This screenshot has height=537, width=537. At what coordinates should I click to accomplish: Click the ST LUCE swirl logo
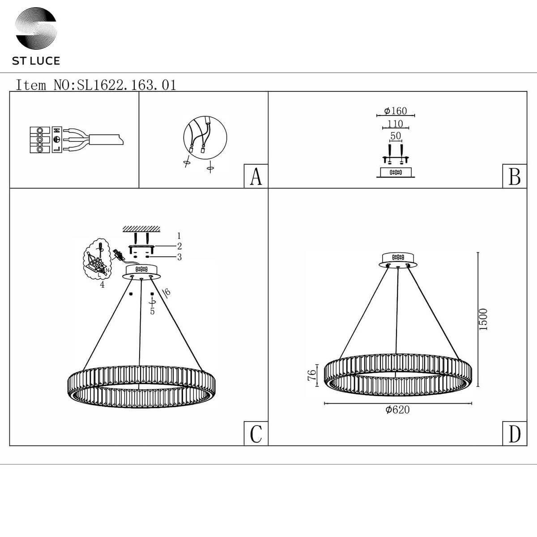click(36, 28)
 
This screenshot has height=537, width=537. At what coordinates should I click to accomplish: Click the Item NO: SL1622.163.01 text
click(96, 85)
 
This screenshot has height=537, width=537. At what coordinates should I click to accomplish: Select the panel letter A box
click(256, 176)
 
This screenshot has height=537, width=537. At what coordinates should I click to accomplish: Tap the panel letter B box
click(515, 176)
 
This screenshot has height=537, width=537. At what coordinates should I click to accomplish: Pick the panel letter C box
click(256, 434)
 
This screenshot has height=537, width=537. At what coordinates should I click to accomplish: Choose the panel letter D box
click(515, 434)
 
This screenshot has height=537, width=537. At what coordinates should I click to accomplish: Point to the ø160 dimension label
click(396, 111)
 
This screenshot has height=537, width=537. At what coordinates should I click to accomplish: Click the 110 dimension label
click(396, 124)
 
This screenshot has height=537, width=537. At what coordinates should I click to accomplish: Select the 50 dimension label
click(396, 136)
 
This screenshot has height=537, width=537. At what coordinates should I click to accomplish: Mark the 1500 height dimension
click(483, 320)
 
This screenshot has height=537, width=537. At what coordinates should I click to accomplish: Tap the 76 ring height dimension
click(311, 375)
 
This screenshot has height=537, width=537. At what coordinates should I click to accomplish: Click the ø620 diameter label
click(398, 409)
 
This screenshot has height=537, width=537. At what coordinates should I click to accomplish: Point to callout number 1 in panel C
click(179, 236)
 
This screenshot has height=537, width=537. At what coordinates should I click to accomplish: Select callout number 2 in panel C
click(179, 246)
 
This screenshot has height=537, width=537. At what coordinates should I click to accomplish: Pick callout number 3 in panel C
click(179, 257)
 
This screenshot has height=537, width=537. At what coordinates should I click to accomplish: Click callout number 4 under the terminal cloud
click(102, 285)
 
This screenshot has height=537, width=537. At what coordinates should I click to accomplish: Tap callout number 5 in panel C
click(152, 311)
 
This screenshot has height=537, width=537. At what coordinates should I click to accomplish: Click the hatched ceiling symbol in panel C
click(141, 229)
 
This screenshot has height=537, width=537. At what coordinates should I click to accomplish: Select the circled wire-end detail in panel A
click(205, 137)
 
